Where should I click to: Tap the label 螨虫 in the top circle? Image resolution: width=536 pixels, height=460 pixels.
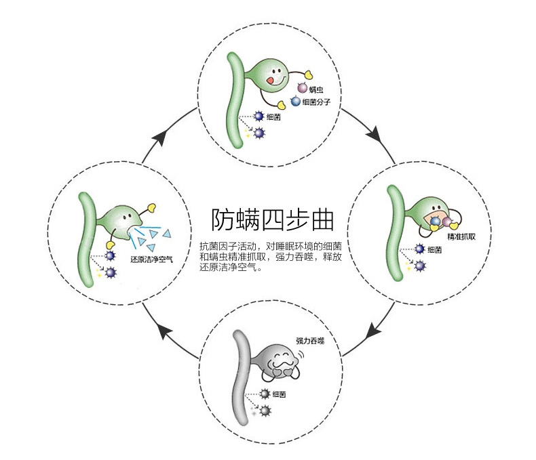pyautogui.click(x=315, y=89)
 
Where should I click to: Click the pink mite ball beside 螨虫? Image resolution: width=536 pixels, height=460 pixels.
pyautogui.click(x=302, y=89)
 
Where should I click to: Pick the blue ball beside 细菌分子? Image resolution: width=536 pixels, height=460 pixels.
pyautogui.click(x=295, y=102)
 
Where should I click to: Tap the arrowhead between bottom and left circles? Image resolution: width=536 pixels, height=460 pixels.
pyautogui.click(x=163, y=331)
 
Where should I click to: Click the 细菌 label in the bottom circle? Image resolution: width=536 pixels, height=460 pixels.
pyautogui.click(x=278, y=394)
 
